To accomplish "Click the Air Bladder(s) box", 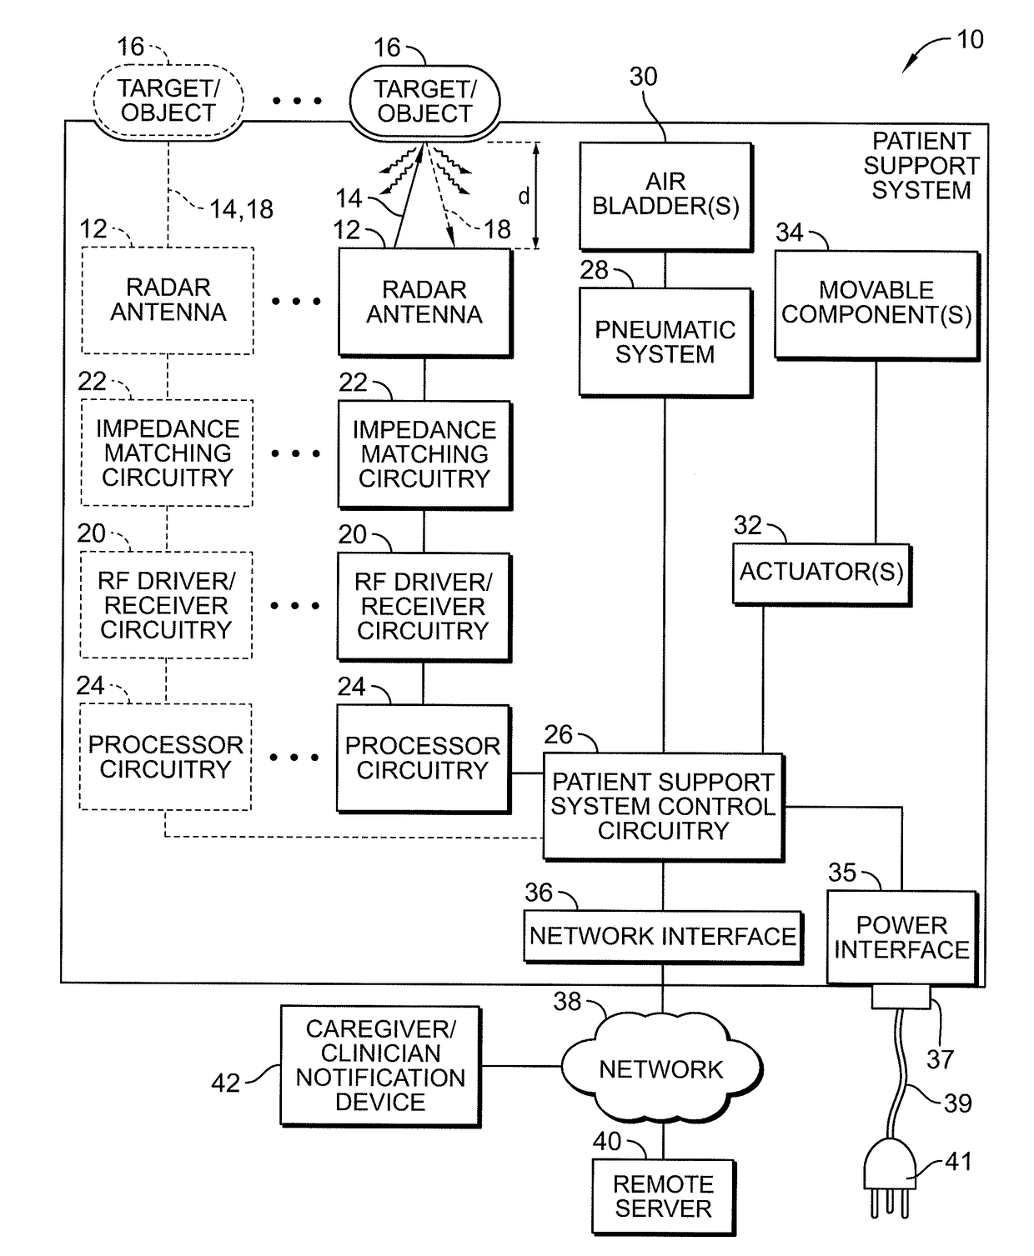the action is [x=665, y=197].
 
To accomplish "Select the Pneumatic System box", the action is [x=665, y=343].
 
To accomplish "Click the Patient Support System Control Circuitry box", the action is [x=663, y=807].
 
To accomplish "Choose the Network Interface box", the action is [x=663, y=937].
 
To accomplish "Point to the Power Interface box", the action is [x=901, y=938].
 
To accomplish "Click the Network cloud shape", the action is [x=661, y=1069].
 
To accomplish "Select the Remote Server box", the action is [x=663, y=1197].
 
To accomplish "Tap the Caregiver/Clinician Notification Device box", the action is [x=380, y=1065].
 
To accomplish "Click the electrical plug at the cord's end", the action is [x=890, y=1178].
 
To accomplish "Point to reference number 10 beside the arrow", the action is [x=970, y=40].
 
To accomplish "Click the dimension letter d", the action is [x=524, y=196].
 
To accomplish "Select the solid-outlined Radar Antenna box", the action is [x=425, y=303].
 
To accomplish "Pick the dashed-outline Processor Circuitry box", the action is [x=166, y=757].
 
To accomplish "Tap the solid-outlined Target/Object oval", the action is [x=425, y=102].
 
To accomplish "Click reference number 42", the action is [x=225, y=1083].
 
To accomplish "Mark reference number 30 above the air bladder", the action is [x=644, y=77].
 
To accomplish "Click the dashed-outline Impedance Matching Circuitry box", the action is [x=167, y=453].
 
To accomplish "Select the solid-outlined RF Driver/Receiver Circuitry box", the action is [x=424, y=607].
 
